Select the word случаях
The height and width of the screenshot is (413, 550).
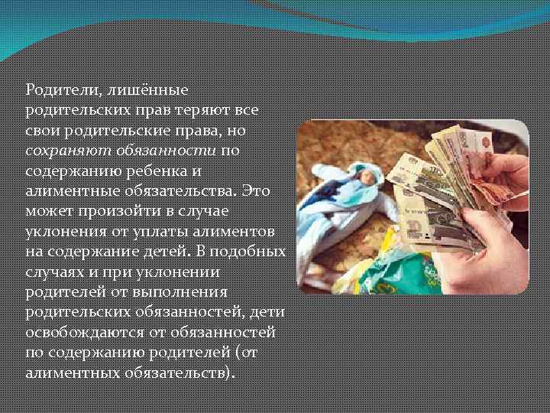pos(53,271)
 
